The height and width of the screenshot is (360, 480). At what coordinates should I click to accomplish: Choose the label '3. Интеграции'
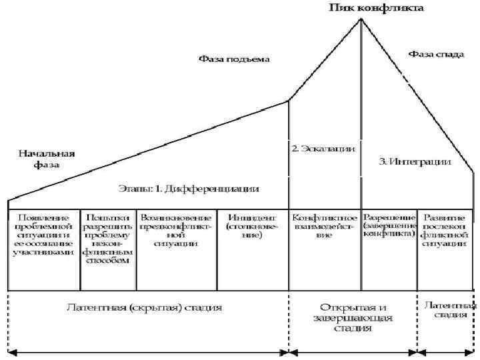[x=415, y=162]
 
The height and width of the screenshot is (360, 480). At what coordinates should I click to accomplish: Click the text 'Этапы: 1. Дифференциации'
[x=189, y=189]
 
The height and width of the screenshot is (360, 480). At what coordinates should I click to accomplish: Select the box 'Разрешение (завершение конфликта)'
[x=389, y=226]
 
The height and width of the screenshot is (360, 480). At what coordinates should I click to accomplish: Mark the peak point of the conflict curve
[x=361, y=19]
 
